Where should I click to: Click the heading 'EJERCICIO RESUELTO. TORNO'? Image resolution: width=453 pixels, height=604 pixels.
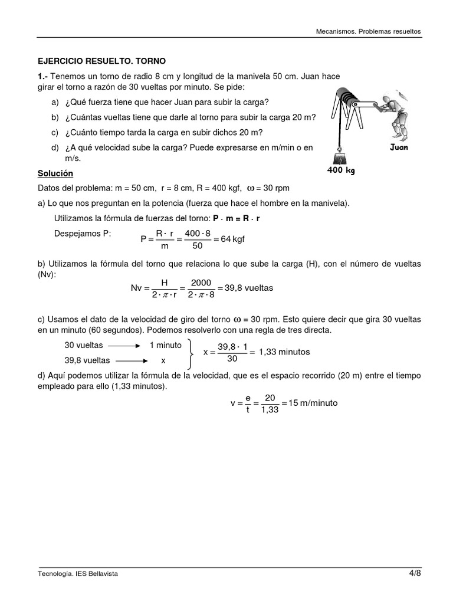coord(102,61)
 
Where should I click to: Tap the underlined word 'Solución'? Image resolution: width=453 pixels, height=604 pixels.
coord(55,173)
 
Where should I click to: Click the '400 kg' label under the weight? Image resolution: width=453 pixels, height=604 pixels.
coord(341,170)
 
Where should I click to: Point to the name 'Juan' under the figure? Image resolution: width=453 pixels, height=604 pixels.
coord(399,147)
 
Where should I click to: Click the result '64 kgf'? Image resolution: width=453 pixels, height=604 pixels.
coord(229,239)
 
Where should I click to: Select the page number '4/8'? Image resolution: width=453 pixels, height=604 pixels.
coord(415,573)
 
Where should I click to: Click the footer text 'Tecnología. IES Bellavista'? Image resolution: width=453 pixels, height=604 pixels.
coord(77,574)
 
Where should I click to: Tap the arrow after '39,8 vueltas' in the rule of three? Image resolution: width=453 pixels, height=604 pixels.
coord(130,360)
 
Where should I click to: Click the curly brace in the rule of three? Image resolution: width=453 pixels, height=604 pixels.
coord(191,352)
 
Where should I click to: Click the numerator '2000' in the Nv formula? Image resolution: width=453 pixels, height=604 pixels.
coord(201,283)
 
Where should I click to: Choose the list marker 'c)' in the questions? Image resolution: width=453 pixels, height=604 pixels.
coord(55,132)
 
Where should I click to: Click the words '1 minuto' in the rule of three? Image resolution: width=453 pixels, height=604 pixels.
coord(165,344)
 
